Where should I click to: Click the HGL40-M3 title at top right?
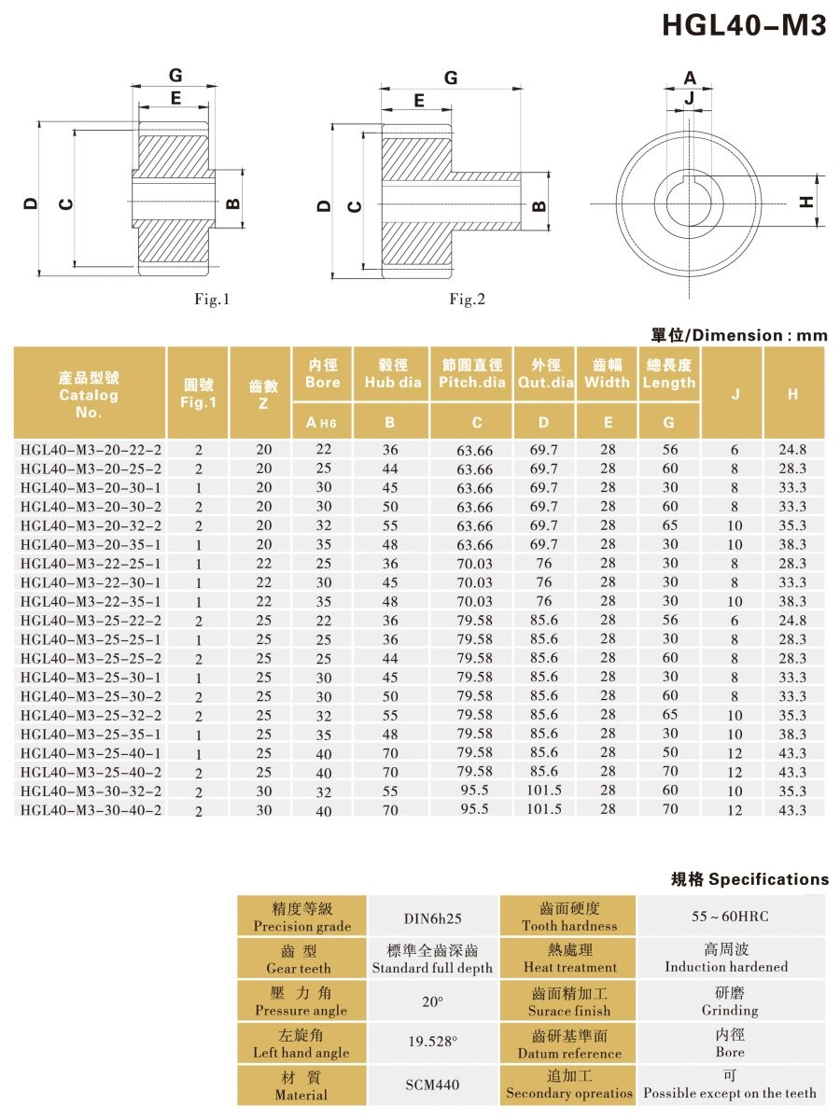click(x=744, y=25)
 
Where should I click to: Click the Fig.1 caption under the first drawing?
click(x=211, y=299)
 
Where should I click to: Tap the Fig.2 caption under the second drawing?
click(x=467, y=299)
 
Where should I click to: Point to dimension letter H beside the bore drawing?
click(x=808, y=201)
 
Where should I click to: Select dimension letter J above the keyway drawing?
click(x=689, y=97)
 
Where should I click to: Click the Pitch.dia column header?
click(x=470, y=373)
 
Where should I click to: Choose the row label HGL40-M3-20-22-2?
click(x=91, y=450)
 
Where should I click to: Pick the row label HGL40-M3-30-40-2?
click(x=91, y=809)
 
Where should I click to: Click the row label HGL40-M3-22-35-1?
click(x=91, y=601)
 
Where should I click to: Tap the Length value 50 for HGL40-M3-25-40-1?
click(x=670, y=752)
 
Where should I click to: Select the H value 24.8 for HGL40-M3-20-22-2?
click(x=792, y=450)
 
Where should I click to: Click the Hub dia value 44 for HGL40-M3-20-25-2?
click(x=390, y=469)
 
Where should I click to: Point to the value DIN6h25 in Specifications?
click(x=433, y=917)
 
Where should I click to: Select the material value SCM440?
click(x=432, y=1085)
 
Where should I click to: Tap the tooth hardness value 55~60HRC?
click(x=730, y=917)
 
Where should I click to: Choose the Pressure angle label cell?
click(x=301, y=1001)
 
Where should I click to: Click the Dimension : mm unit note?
click(x=739, y=335)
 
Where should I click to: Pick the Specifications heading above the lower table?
click(x=749, y=879)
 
